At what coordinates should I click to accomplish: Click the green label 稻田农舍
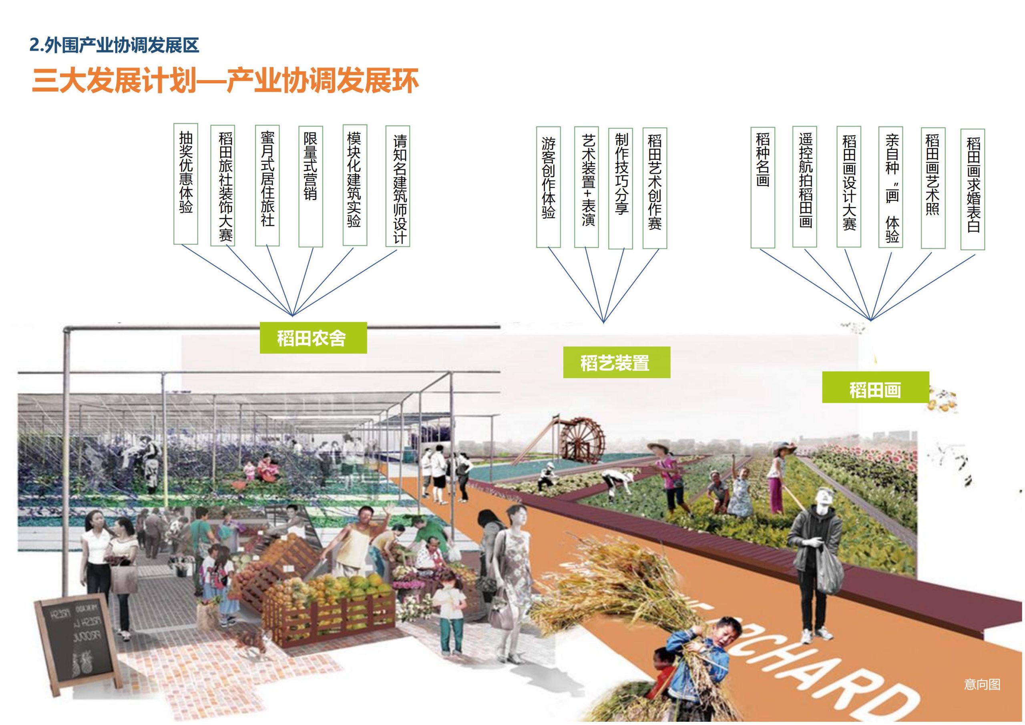click(313, 338)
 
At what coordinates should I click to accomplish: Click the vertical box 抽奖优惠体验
click(186, 185)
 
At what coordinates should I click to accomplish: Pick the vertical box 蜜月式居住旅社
click(267, 185)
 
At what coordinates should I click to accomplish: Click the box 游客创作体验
click(548, 187)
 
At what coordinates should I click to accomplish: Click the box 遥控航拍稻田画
click(804, 187)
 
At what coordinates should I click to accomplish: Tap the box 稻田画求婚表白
click(972, 189)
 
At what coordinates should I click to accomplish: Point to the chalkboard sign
click(77, 631)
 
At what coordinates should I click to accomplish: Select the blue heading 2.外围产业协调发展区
click(114, 46)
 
